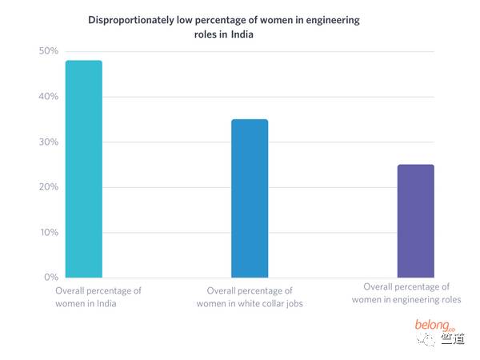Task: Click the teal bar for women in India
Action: pyautogui.click(x=83, y=169)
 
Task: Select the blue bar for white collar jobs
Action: pyautogui.click(x=250, y=198)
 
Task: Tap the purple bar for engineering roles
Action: pyautogui.click(x=416, y=221)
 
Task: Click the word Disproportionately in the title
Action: pyautogui.click(x=133, y=20)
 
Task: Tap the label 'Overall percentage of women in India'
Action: pyautogui.click(x=98, y=297)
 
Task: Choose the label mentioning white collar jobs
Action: pyautogui.click(x=250, y=297)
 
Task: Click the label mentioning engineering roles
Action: pyautogui.click(x=406, y=293)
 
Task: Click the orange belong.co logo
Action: pyautogui.click(x=433, y=325)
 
